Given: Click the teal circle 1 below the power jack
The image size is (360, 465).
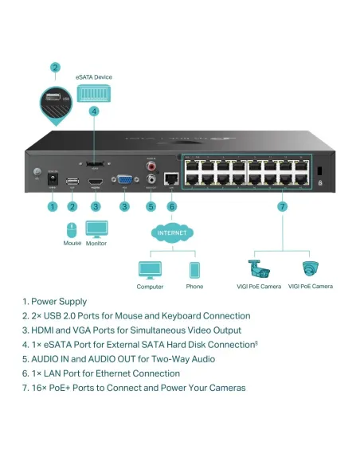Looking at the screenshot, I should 53,207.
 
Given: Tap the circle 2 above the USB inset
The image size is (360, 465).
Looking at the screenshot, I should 55,68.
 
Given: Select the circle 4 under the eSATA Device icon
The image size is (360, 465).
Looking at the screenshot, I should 94,111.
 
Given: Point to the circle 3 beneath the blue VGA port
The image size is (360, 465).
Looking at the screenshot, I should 124,207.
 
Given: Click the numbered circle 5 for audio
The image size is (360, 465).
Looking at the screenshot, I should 151,207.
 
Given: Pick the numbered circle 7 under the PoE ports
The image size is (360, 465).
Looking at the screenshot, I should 280,207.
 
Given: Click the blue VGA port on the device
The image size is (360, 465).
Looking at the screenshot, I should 124,182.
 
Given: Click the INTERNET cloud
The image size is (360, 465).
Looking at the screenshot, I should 171,233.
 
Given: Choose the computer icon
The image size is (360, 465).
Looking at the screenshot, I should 150,269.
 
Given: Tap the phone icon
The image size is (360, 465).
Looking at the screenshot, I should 194,269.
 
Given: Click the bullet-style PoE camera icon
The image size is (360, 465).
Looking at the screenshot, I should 259,269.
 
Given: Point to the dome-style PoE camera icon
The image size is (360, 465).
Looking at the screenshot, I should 310,269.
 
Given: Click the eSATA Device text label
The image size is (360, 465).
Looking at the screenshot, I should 94,77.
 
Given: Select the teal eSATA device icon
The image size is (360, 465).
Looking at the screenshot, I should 94,93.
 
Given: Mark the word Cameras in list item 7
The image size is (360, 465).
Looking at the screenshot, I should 225,388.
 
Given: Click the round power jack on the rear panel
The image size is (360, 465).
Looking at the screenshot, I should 53,182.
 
